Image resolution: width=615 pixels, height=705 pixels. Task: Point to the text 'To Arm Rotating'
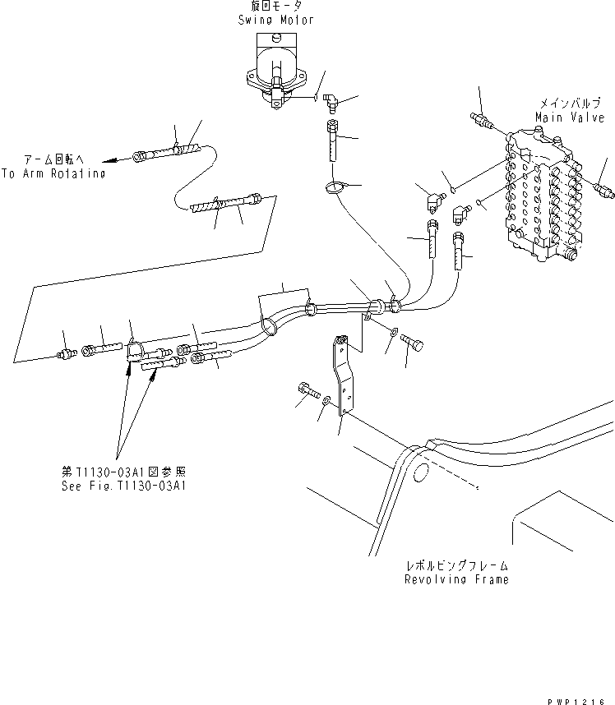point(53,174)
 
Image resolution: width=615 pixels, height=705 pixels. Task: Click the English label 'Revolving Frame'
point(455,578)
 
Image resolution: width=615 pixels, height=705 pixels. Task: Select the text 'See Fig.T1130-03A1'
point(123,486)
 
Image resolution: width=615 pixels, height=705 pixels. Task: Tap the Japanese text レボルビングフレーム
point(455,565)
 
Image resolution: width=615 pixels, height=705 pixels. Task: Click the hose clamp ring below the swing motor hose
point(334,188)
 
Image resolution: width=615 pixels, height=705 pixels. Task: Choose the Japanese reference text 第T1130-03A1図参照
point(124,472)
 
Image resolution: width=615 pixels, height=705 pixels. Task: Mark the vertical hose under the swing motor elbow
point(331,144)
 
